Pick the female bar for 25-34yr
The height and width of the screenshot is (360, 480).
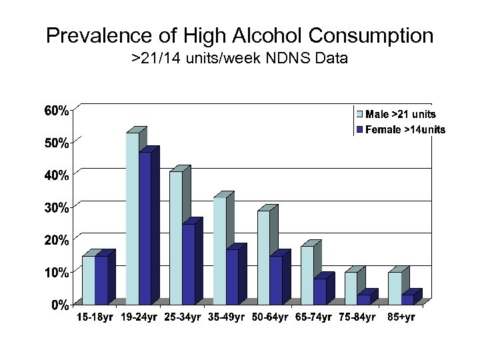188,264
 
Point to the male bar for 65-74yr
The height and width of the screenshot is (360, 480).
307,275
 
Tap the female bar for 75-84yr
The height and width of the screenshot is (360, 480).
363,299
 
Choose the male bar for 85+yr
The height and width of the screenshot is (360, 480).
395,289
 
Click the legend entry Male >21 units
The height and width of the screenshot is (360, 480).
400,115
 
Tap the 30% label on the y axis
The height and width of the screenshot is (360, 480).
56,208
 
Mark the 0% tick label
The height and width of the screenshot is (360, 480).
59,305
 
